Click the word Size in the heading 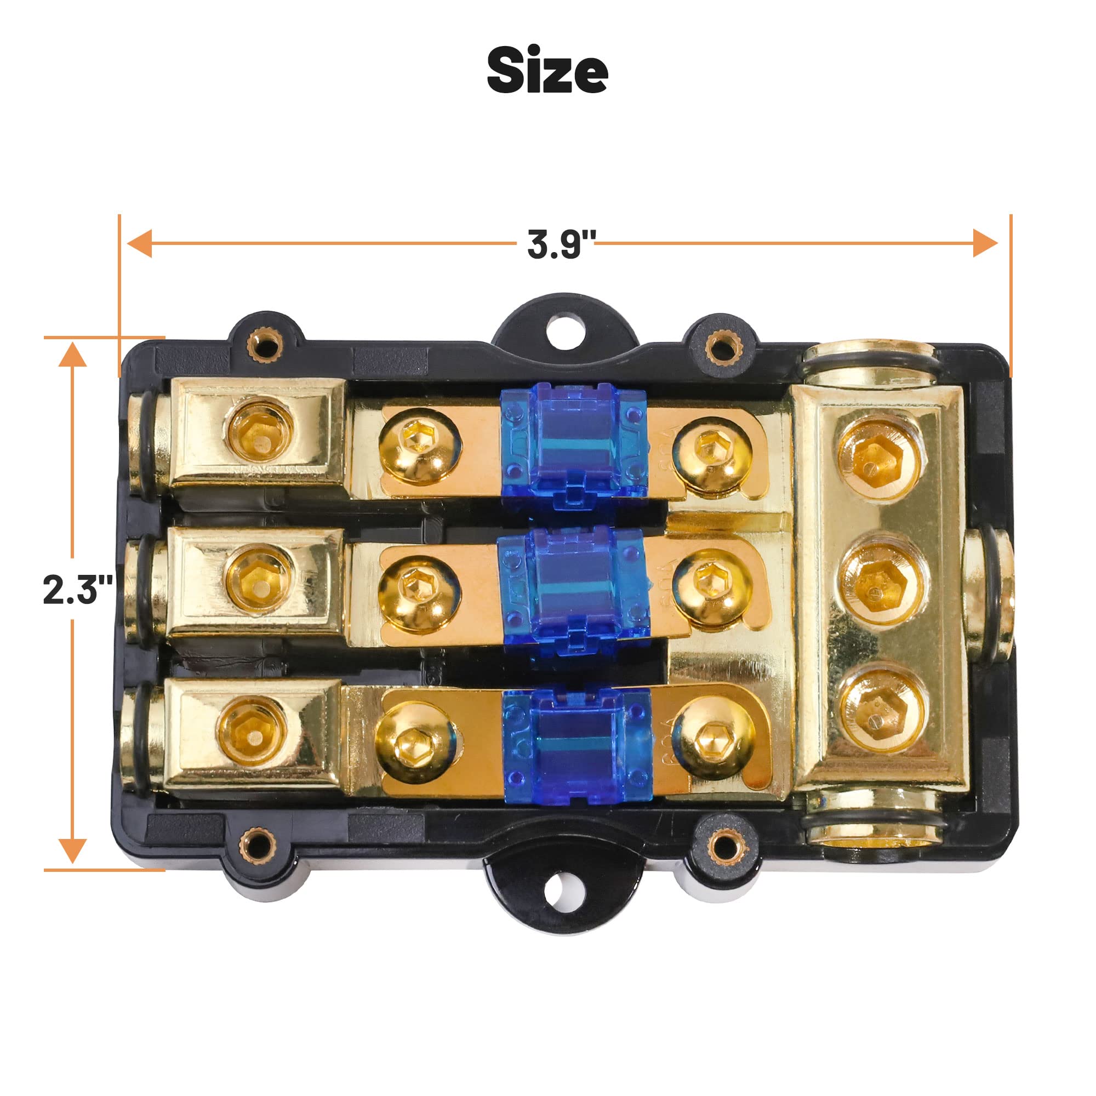(x=547, y=71)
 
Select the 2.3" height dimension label (x=77, y=590)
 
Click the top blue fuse (x=574, y=446)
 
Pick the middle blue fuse (x=574, y=590)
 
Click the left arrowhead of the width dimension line (x=139, y=244)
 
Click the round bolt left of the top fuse (x=419, y=446)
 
